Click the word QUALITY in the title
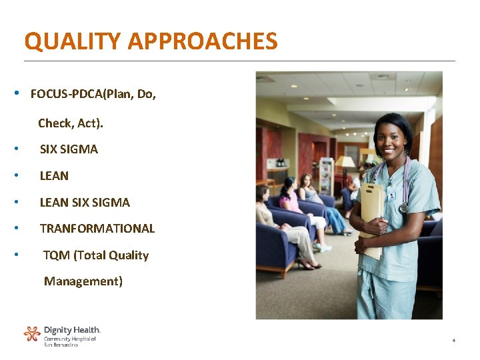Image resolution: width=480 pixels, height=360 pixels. (x=73, y=41)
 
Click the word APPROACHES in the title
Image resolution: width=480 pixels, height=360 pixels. (x=203, y=41)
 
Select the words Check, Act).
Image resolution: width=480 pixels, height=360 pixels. (x=71, y=123)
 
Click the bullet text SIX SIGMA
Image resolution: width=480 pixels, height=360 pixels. (x=69, y=149)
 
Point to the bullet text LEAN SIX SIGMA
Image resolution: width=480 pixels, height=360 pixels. (x=85, y=202)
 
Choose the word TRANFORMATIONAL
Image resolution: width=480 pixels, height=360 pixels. (x=97, y=229)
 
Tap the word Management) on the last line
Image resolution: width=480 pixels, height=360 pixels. (x=83, y=281)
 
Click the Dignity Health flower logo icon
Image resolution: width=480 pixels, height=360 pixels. (x=32, y=333)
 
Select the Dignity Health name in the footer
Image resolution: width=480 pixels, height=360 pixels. (x=72, y=330)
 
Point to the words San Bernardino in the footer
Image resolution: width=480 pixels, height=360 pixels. (x=61, y=345)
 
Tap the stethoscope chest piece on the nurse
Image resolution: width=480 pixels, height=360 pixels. (x=403, y=208)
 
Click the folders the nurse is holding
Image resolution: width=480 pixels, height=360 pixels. (x=371, y=213)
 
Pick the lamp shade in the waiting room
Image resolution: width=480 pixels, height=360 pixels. (x=345, y=162)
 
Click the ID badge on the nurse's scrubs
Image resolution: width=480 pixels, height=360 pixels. (x=393, y=195)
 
